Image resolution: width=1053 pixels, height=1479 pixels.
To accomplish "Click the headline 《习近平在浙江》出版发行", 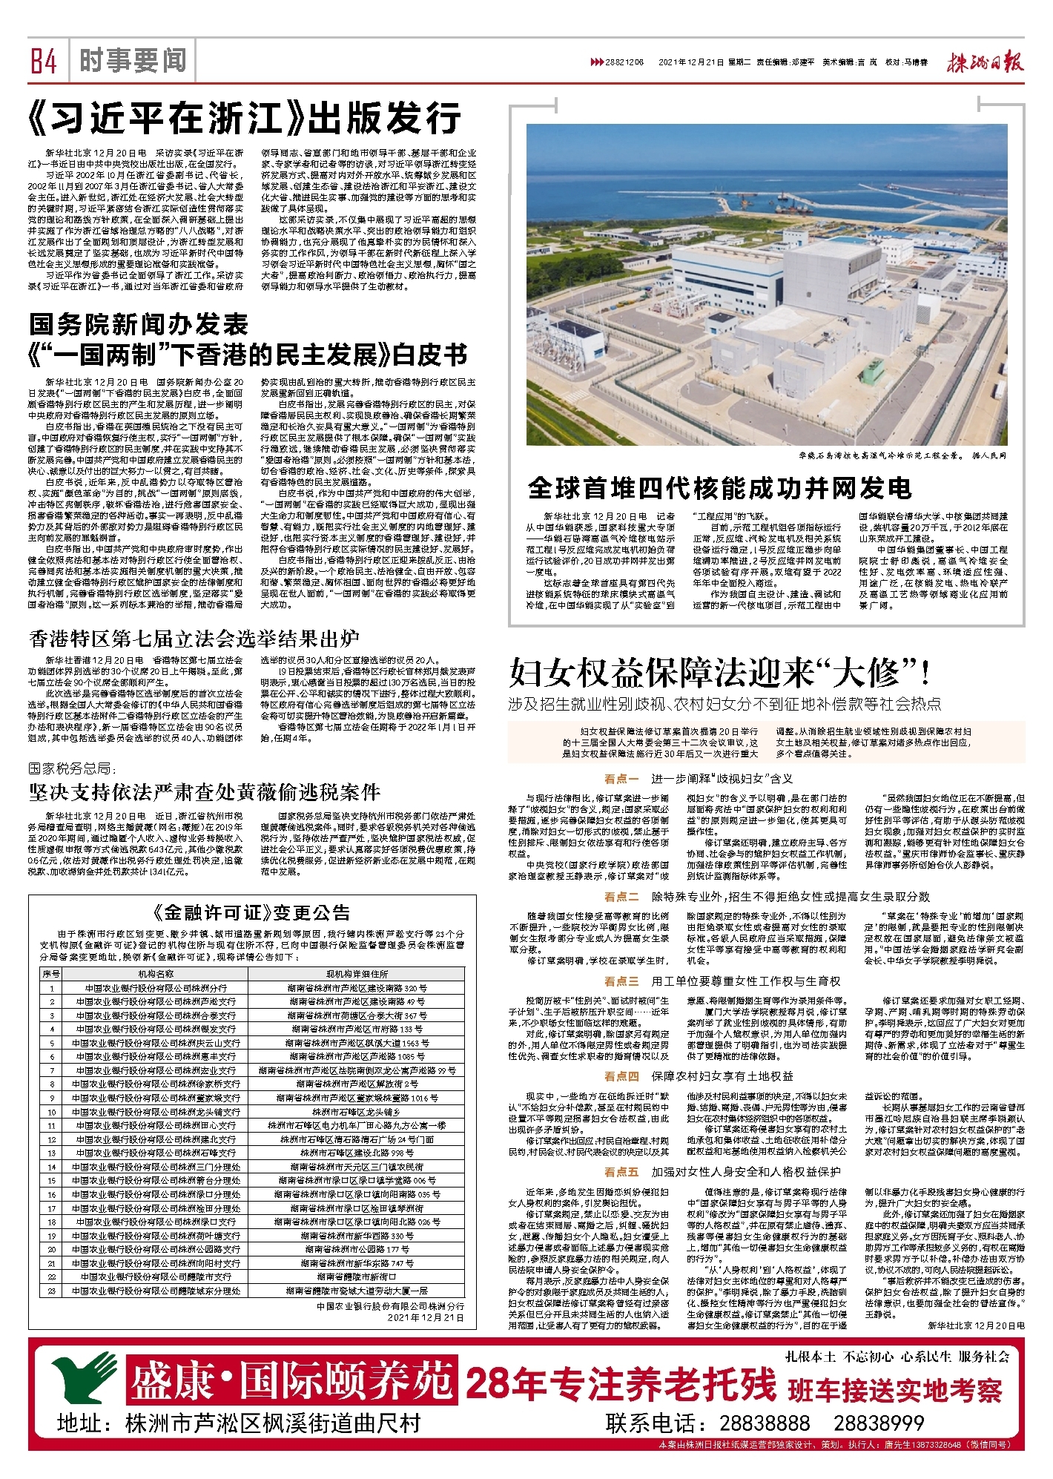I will tap(244, 117).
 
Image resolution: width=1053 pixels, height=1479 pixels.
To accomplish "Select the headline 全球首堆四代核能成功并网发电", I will tap(719, 488).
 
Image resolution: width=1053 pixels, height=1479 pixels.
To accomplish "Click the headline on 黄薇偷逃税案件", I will tap(205, 792).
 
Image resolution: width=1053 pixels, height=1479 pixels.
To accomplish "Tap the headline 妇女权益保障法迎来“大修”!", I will tap(720, 673).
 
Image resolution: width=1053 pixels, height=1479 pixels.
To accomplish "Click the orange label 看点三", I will tap(621, 981).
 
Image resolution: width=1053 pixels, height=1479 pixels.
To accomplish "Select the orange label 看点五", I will tap(621, 1171).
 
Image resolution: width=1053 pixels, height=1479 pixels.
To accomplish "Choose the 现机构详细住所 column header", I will tap(357, 973).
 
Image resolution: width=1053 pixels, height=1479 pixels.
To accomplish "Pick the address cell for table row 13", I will tap(357, 1153).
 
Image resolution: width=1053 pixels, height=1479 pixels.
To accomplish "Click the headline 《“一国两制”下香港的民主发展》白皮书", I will tap(248, 355).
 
